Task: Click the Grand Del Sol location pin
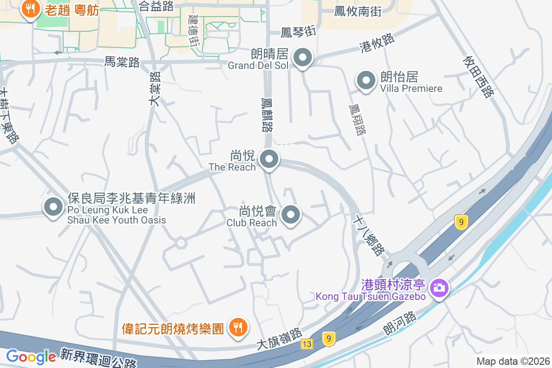(x=303, y=58)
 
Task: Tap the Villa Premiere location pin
(x=366, y=81)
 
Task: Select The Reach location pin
(x=269, y=160)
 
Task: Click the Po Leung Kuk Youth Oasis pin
(x=53, y=207)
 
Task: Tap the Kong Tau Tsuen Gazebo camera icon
(x=439, y=288)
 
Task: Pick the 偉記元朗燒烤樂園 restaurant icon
(x=238, y=327)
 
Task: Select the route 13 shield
(x=307, y=344)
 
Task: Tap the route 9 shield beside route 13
(x=328, y=339)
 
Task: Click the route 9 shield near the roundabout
(x=461, y=222)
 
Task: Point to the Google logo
(x=31, y=356)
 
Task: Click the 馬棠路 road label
(x=122, y=63)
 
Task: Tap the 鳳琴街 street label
(x=299, y=32)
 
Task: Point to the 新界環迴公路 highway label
(x=98, y=357)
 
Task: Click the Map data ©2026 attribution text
(x=513, y=361)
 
